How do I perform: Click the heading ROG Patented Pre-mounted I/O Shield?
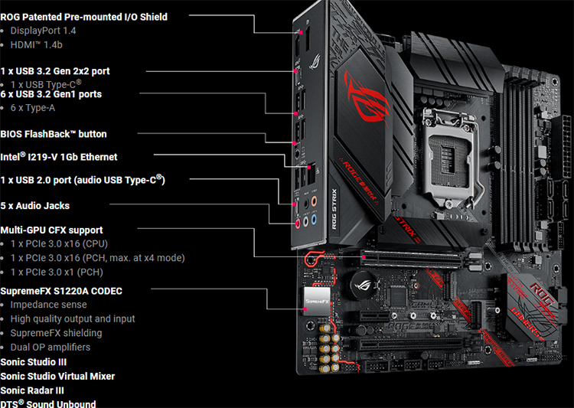(84, 17)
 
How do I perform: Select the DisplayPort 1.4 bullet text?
(43, 31)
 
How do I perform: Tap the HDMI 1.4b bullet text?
(36, 44)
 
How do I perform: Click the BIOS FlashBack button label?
(54, 134)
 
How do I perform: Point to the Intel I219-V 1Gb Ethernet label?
(59, 157)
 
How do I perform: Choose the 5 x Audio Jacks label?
(34, 205)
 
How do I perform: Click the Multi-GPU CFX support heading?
(51, 230)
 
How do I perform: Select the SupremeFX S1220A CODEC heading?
(61, 291)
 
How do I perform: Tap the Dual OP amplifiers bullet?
(51, 348)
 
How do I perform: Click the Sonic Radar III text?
(32, 391)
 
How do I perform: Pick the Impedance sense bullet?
(49, 305)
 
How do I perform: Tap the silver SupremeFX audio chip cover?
(317, 301)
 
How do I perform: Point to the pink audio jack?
(298, 223)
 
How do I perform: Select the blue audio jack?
(314, 220)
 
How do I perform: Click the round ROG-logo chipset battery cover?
(364, 286)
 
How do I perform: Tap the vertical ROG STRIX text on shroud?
(334, 209)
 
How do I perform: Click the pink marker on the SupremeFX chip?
(305, 309)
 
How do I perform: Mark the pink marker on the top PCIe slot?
(364, 257)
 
